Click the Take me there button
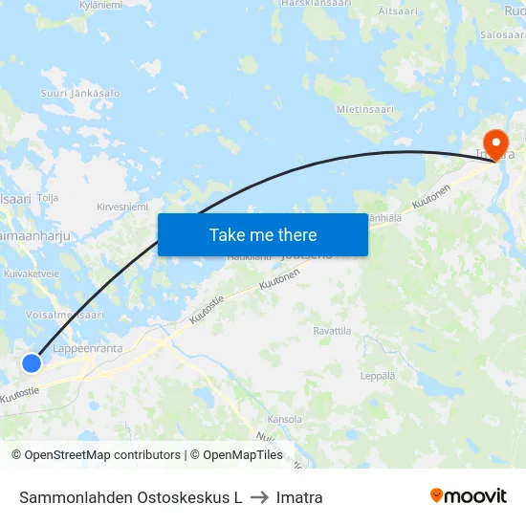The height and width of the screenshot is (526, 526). pos(263,234)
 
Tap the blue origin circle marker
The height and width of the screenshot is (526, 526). pos(32,363)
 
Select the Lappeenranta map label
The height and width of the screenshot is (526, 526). pos(88,349)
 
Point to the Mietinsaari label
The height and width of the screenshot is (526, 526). pos(365,110)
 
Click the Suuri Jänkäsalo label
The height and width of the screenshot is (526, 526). pos(80,94)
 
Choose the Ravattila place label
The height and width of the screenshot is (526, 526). pos(333,330)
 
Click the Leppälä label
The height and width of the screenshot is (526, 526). pos(379,376)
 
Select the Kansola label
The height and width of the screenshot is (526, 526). pos(285,419)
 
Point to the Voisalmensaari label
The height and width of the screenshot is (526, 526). pos(66,314)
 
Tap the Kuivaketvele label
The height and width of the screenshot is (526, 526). pos(32,273)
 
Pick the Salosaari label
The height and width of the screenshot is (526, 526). pos(503,33)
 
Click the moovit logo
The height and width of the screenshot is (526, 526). pos(468,496)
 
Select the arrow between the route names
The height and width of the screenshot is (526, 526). pos(259,497)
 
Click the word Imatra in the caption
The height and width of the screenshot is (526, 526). pos(299,497)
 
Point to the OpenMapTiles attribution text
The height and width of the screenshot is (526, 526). pos(236,455)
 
